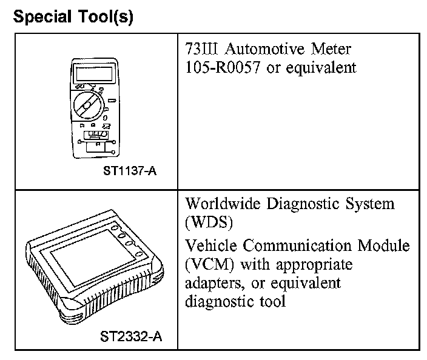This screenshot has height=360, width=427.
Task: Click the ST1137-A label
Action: point(130,171)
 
